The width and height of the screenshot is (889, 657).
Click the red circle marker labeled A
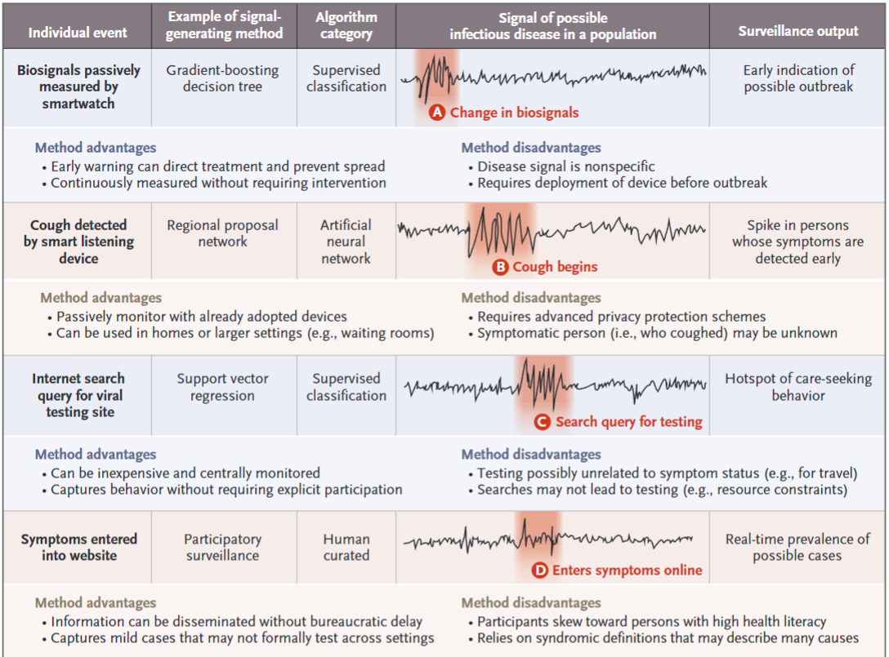[437, 113]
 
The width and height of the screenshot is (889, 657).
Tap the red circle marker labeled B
[500, 267]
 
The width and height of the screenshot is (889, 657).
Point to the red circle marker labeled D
[540, 570]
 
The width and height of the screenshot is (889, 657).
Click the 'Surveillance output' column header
[798, 31]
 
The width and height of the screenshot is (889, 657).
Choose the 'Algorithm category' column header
[346, 25]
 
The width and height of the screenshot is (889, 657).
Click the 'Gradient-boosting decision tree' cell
[222, 78]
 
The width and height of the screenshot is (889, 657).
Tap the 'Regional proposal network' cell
[222, 233]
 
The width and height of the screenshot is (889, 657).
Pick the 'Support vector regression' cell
[222, 388]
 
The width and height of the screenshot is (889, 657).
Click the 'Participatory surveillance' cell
[222, 548]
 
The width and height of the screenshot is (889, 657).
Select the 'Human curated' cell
[346, 548]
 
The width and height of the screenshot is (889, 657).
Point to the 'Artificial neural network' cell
[346, 242]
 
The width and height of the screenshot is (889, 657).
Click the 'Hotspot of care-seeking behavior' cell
[798, 388]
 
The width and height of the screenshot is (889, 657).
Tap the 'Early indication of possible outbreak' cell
[798, 78]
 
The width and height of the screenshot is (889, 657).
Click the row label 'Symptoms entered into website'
[79, 548]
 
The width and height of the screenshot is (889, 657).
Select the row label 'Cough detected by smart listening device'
[78, 242]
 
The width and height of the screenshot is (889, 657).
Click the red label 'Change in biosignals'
[514, 113]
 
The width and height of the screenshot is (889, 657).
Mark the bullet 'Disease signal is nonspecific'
[566, 166]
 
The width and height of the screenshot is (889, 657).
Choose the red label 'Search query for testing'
[629, 422]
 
